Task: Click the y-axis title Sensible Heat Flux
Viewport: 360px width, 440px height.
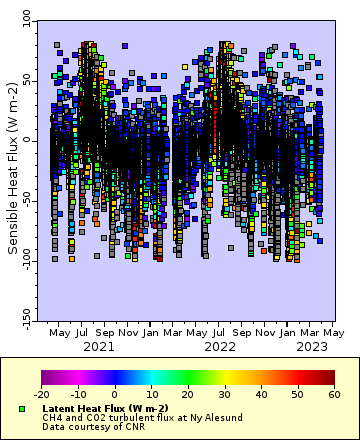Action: [x=13, y=168]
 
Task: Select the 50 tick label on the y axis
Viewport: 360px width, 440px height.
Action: [x=27, y=79]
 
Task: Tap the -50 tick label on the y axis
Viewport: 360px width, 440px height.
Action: [x=25, y=201]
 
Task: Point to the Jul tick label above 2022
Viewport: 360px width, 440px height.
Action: [x=219, y=333]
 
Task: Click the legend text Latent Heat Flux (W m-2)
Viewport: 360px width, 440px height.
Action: [x=104, y=409]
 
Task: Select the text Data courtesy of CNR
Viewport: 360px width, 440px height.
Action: [x=88, y=427]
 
